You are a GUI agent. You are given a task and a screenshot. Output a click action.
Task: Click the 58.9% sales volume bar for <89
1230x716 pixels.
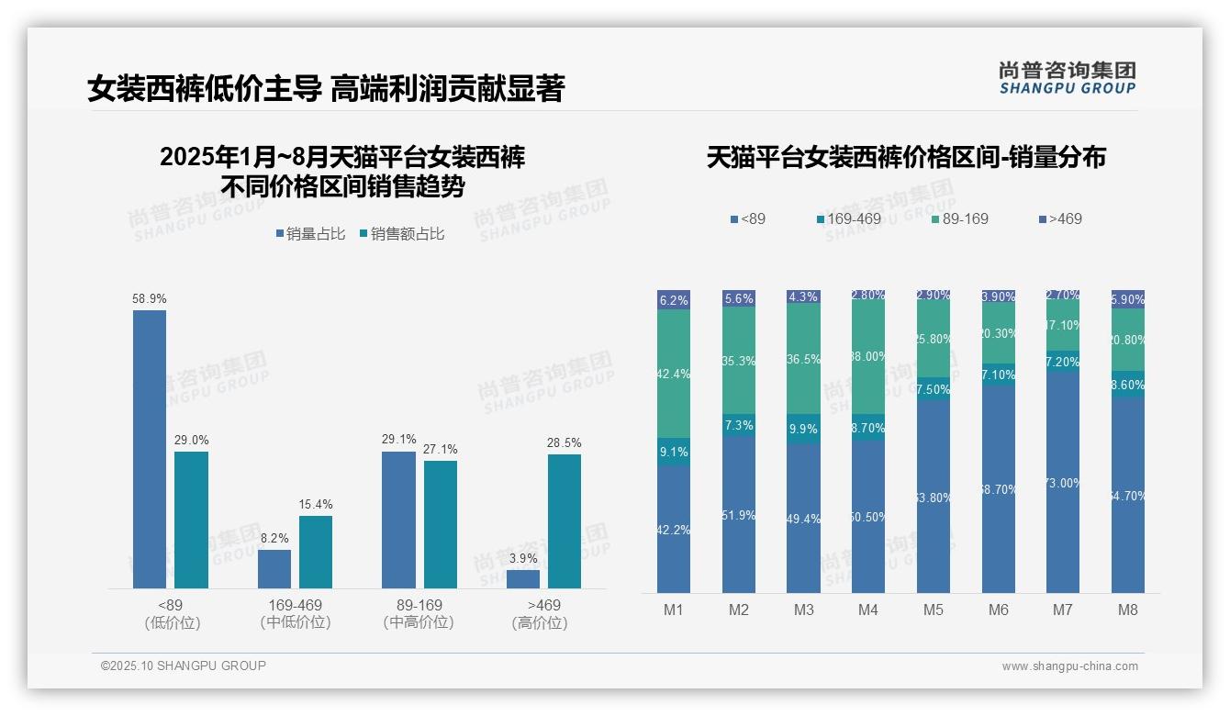click(150, 449)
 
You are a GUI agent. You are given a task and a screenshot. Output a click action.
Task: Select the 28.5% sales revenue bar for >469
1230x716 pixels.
click(565, 520)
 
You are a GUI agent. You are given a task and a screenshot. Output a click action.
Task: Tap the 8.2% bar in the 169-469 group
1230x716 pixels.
click(274, 568)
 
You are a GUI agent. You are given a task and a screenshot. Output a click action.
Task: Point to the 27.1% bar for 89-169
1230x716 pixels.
click(441, 524)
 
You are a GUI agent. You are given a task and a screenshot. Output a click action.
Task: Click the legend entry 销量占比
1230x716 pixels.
click(310, 234)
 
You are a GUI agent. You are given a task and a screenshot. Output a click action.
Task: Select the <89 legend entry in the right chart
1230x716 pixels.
click(747, 218)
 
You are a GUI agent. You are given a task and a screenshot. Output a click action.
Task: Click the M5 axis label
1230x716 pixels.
click(934, 610)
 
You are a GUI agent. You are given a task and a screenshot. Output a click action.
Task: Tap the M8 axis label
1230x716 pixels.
click(1128, 610)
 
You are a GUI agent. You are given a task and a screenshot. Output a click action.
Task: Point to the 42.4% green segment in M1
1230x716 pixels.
click(674, 374)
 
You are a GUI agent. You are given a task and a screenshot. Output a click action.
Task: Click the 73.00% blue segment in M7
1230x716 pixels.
click(1064, 482)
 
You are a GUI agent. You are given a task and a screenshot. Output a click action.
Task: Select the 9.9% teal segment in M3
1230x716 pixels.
click(804, 429)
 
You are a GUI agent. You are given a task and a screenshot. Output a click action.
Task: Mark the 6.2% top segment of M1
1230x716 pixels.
click(674, 300)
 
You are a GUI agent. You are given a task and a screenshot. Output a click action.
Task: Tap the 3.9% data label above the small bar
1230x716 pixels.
click(523, 558)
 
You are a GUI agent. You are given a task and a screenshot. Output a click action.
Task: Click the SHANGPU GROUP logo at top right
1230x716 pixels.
click(1067, 77)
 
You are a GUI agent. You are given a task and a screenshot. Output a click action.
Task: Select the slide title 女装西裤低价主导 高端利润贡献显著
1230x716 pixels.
click(326, 89)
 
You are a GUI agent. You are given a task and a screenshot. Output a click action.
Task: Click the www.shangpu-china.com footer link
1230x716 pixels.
click(1069, 666)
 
